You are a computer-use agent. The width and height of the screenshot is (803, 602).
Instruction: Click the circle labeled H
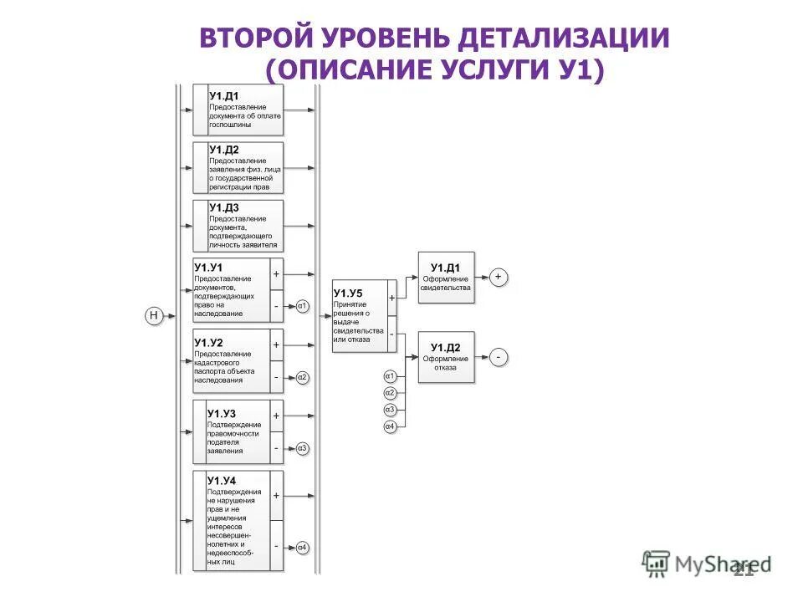click(153, 315)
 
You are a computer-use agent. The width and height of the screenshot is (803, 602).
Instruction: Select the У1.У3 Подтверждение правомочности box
click(238, 431)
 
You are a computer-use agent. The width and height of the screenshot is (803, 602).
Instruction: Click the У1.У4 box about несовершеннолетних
click(238, 521)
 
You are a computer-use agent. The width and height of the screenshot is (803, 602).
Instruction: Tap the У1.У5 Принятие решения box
click(360, 315)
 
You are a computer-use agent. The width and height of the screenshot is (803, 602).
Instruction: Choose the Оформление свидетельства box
click(446, 277)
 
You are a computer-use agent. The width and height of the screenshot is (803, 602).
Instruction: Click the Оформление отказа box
click(446, 356)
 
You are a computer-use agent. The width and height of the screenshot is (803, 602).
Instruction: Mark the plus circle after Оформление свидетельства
click(499, 276)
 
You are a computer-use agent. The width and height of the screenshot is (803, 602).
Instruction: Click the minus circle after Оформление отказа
click(499, 357)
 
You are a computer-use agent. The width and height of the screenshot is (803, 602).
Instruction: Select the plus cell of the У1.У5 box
click(391, 298)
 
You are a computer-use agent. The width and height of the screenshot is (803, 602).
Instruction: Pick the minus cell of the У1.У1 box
click(276, 306)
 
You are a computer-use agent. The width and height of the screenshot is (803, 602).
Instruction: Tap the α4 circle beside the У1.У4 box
click(302, 548)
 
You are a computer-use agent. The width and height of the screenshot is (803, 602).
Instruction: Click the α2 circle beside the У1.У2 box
click(302, 377)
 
